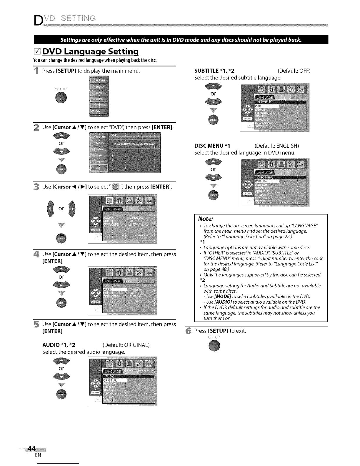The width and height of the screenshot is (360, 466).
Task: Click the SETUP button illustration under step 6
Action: point(214,346)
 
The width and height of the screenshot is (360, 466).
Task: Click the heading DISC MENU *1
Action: point(212,146)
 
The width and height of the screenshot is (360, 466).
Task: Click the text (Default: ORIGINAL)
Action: point(126,345)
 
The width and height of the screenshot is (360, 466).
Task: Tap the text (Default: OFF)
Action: point(294,71)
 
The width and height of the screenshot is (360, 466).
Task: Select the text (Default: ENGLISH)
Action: point(277,146)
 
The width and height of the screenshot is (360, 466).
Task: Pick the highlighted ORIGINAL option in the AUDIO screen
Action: point(115,380)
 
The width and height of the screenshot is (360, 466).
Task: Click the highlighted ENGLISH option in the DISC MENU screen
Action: point(266,182)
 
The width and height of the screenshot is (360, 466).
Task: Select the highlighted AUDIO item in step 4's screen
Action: point(115,290)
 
